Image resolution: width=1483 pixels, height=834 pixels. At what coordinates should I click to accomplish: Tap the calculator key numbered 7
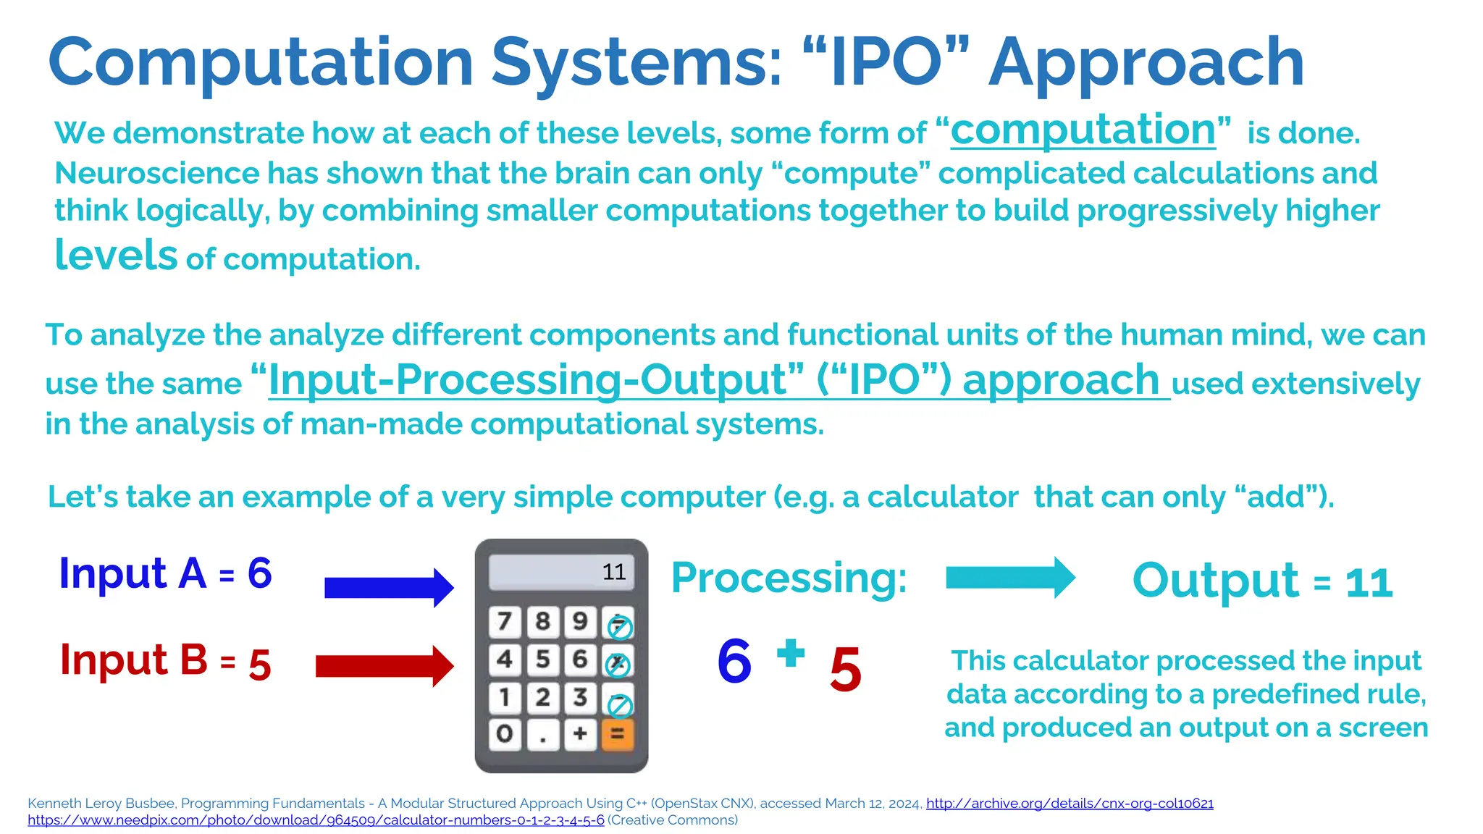tap(505, 621)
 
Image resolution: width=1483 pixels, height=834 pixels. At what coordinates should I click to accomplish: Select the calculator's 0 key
tap(505, 734)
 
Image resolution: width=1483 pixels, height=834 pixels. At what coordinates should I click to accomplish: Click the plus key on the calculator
tap(580, 734)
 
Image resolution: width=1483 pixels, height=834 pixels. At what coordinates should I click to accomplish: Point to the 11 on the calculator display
tap(614, 572)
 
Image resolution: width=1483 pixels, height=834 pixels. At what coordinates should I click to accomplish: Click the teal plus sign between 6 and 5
tap(791, 653)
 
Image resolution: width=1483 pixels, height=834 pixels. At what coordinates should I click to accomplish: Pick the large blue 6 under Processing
tap(734, 661)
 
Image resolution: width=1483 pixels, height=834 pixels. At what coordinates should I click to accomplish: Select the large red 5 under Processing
tap(845, 670)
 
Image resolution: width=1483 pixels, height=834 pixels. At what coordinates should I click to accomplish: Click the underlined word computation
tap(1083, 130)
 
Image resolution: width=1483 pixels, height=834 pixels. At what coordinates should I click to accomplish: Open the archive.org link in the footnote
tap(1070, 803)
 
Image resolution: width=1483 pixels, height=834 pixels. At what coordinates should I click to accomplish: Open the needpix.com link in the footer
tap(316, 820)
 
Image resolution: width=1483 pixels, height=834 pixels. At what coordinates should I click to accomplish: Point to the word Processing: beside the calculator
tap(789, 578)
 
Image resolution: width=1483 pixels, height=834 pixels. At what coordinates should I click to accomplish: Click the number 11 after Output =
tap(1369, 583)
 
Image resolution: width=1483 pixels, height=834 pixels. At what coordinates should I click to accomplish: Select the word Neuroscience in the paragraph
tap(156, 174)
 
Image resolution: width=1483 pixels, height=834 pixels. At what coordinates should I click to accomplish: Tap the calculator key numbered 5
tap(542, 659)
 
